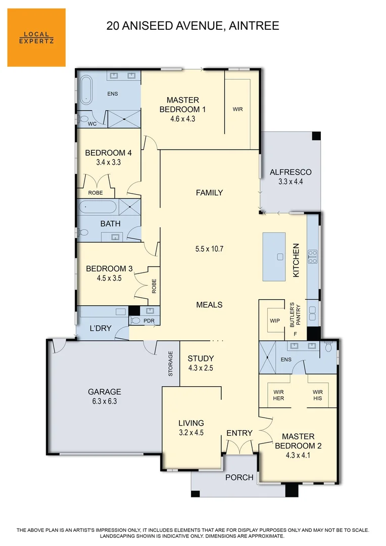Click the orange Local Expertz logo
36,37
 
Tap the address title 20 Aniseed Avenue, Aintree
192,26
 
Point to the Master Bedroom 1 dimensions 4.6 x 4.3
182,119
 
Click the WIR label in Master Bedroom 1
237,109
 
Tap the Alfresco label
291,172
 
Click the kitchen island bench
274,256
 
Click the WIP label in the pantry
275,321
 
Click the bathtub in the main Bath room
98,207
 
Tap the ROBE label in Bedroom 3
154,287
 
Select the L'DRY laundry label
100,328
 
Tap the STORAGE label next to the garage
171,363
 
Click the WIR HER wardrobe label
279,395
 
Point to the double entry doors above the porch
239,447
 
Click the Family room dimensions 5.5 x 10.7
209,249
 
